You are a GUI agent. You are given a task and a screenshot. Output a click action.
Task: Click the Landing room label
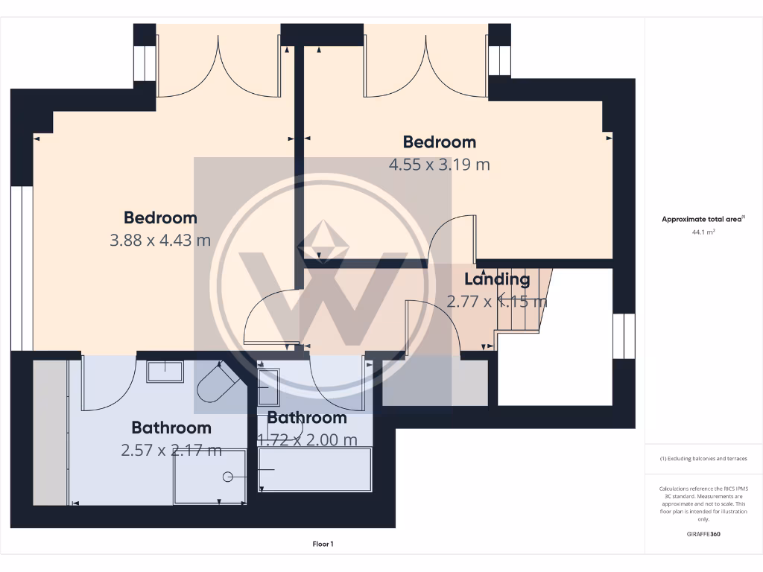coord(497,280)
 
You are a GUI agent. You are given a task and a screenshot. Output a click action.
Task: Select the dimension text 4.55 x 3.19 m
coord(439,165)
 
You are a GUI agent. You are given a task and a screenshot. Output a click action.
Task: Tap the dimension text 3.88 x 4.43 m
coord(160,241)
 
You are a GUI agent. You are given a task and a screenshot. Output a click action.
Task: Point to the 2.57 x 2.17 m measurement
coord(171,450)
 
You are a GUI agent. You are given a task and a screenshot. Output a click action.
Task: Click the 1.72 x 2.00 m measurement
coord(307,440)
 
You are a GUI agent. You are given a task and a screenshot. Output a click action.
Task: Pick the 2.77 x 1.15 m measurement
coord(496,302)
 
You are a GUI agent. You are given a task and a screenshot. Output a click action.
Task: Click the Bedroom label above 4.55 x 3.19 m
coord(439,142)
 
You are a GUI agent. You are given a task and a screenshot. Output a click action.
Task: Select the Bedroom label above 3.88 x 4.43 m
coord(160,218)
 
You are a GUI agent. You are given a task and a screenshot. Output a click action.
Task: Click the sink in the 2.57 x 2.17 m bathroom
coord(165,371)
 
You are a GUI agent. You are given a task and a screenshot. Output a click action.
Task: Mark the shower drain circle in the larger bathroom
coord(227,476)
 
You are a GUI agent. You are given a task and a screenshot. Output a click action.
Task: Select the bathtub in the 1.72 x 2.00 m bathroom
coord(314,469)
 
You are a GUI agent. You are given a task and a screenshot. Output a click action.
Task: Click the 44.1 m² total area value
coord(703,232)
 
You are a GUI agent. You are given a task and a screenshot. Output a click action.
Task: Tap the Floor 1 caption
coord(323,544)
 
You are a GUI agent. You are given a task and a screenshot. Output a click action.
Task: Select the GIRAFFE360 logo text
coord(703,534)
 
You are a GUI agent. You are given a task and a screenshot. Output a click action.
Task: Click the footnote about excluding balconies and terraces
coord(703,459)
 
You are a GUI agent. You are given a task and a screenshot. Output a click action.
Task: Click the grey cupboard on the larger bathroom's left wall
coord(51,432)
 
